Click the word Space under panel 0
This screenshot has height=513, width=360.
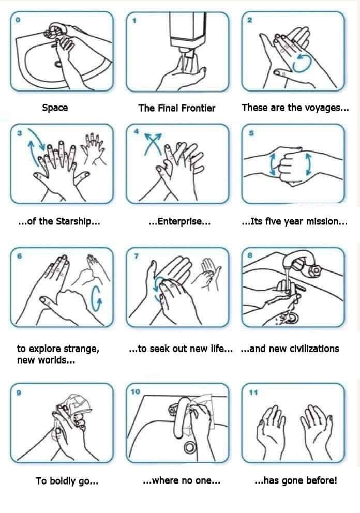(55, 108)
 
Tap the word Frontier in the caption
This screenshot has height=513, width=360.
(197, 108)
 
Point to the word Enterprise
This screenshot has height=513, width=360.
(179, 222)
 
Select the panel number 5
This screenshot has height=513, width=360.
(251, 133)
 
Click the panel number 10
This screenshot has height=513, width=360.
(136, 391)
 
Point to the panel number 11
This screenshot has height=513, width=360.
(253, 393)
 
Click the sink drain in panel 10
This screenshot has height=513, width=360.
(189, 447)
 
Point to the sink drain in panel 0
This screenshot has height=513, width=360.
(58, 64)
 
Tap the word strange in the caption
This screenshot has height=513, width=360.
(82, 349)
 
